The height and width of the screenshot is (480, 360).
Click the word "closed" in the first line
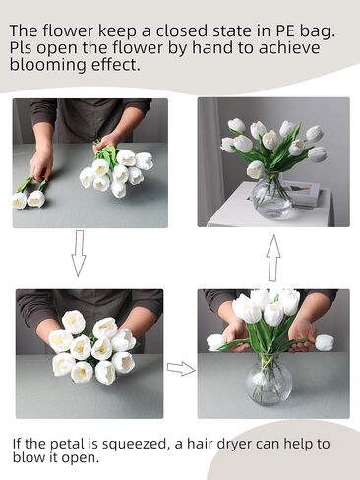click(182, 30)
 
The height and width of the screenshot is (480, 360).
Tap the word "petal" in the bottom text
click(67, 445)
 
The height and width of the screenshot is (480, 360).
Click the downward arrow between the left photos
click(79, 254)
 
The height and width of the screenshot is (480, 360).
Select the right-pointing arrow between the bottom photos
click(181, 369)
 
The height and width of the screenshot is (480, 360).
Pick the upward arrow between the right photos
click(273, 259)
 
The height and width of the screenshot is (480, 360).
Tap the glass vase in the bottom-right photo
click(269, 381)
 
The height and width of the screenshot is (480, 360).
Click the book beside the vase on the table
click(303, 195)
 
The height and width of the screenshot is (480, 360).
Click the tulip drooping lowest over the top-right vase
click(256, 169)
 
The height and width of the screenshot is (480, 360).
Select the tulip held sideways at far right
click(324, 342)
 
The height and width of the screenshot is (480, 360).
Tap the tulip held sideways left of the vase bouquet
click(216, 342)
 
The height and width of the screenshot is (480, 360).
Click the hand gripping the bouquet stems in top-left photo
click(106, 143)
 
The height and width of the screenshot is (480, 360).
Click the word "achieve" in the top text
click(289, 47)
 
